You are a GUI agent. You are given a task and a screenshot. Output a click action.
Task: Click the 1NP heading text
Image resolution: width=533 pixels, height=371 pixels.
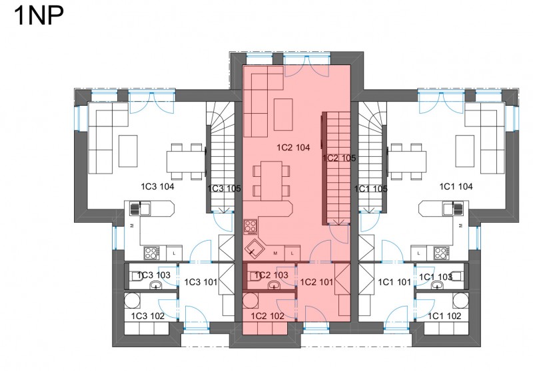[x=39, y=15]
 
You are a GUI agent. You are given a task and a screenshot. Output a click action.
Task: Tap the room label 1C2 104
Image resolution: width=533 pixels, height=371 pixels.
[x=293, y=148]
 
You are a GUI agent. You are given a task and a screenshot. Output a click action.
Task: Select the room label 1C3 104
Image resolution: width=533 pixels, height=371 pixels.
[x=157, y=187]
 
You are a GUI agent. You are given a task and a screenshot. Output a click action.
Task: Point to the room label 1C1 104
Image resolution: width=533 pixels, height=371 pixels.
[x=456, y=187]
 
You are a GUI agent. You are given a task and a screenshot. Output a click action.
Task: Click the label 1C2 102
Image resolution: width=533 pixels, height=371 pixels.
[x=268, y=316]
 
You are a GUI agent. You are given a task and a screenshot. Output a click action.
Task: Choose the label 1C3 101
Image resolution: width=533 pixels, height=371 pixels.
[x=201, y=282]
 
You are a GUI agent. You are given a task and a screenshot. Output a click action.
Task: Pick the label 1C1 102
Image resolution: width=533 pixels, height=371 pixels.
[x=444, y=316]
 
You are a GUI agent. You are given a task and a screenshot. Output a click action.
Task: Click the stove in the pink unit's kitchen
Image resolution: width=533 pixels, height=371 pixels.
[x=251, y=227]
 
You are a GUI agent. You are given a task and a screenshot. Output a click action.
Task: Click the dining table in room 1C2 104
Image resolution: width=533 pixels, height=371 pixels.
[x=271, y=181]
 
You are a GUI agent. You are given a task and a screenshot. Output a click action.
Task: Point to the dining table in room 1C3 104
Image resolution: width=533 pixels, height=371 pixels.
[x=186, y=162]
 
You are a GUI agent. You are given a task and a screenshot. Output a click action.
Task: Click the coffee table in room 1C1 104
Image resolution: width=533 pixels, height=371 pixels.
[x=464, y=151]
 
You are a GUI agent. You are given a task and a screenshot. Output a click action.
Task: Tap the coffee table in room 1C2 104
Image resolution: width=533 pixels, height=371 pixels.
[x=283, y=114]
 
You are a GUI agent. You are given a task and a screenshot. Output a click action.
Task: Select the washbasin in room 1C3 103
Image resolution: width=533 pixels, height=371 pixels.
[x=156, y=285]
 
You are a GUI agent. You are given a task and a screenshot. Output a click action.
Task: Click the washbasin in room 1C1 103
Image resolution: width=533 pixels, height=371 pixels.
[x=438, y=285]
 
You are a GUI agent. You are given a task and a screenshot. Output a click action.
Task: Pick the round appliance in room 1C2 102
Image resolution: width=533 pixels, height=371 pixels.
[x=251, y=300]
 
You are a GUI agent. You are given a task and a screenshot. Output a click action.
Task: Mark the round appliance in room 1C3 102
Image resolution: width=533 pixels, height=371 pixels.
[x=131, y=300]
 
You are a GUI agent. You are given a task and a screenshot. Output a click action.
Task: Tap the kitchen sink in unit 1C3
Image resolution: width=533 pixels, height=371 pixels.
[x=140, y=208]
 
